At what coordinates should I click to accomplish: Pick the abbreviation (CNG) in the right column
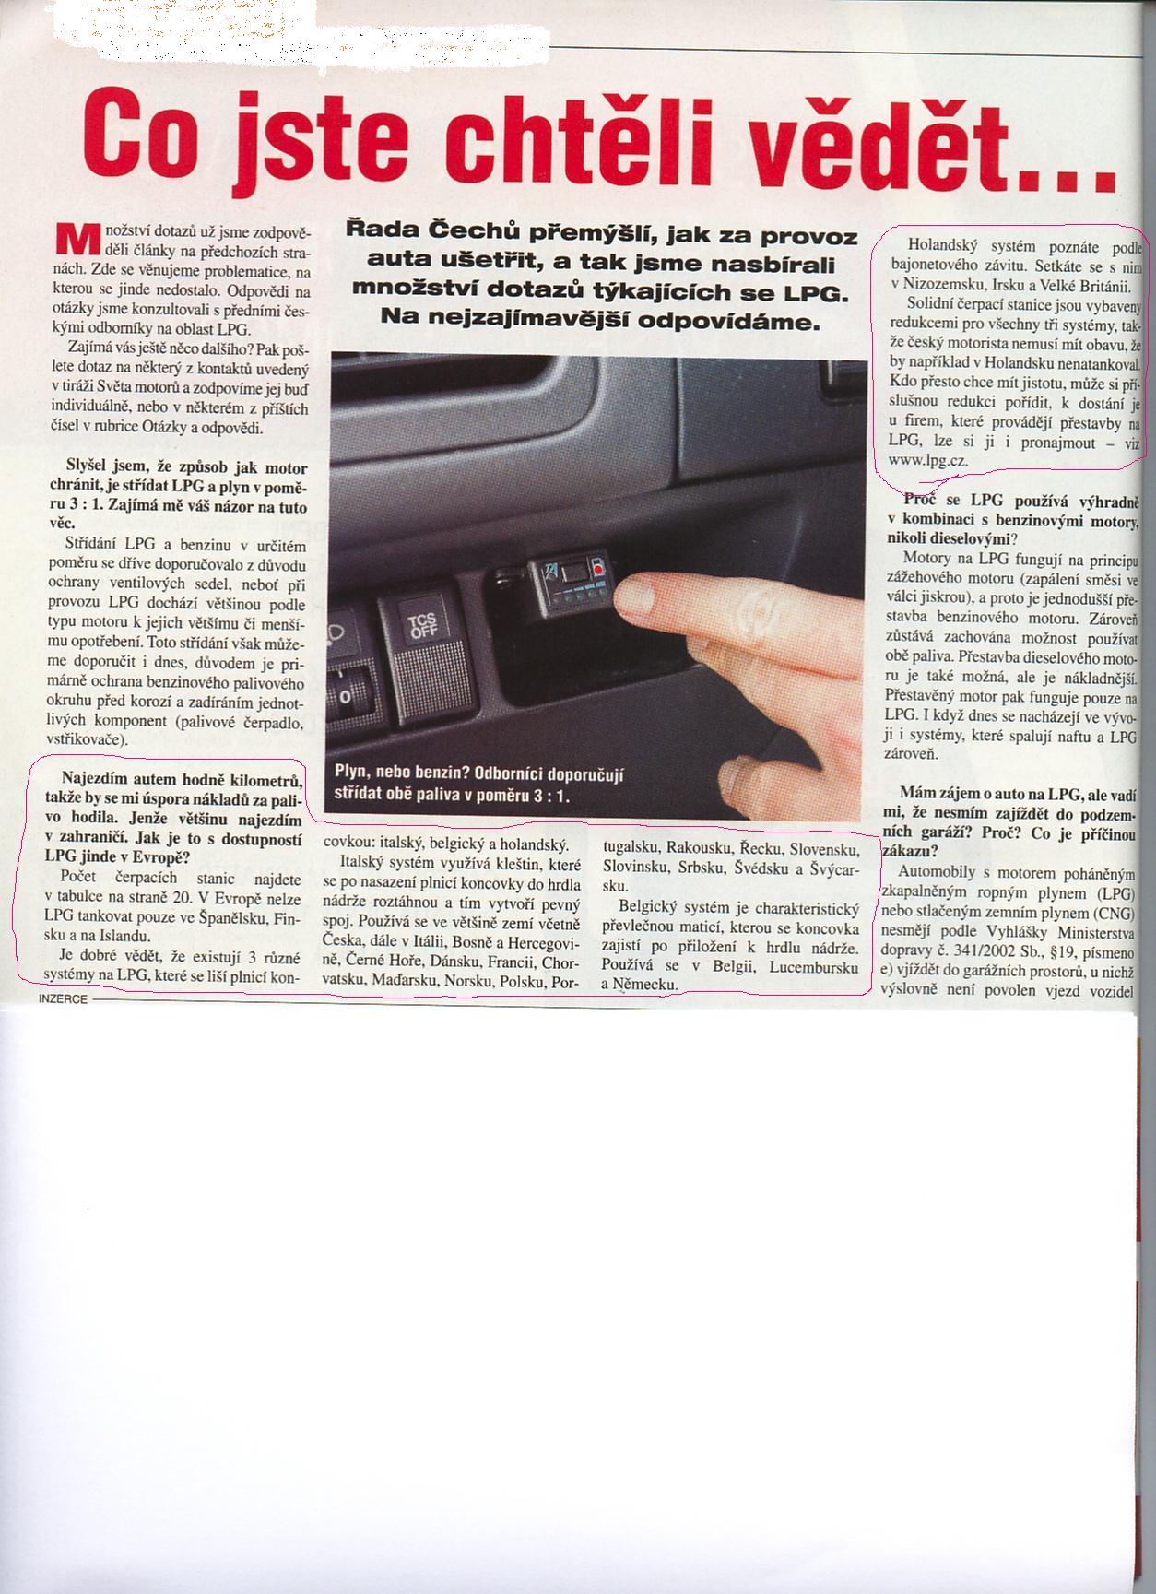[x=1115, y=914]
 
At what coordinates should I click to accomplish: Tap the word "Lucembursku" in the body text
[x=815, y=967]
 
